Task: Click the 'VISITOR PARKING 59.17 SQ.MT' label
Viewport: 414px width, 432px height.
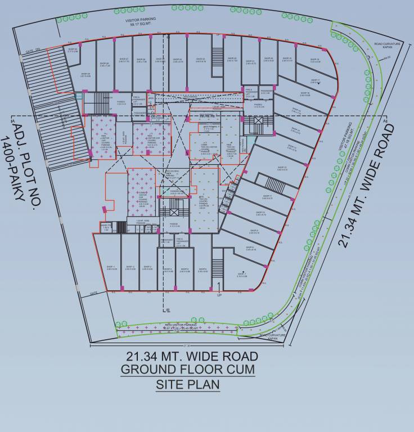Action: tap(141, 22)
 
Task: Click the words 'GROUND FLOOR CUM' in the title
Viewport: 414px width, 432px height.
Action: tap(188, 370)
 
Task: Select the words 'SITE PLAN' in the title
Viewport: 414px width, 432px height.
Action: tap(188, 385)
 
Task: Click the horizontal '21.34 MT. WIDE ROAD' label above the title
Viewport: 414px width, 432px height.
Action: tap(192, 356)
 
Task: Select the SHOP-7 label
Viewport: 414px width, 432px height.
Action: tap(242, 275)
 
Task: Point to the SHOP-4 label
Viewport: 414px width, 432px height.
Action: tap(168, 270)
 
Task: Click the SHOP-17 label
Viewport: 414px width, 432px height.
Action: tap(314, 81)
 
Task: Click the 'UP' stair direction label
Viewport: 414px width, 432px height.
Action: tap(219, 295)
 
